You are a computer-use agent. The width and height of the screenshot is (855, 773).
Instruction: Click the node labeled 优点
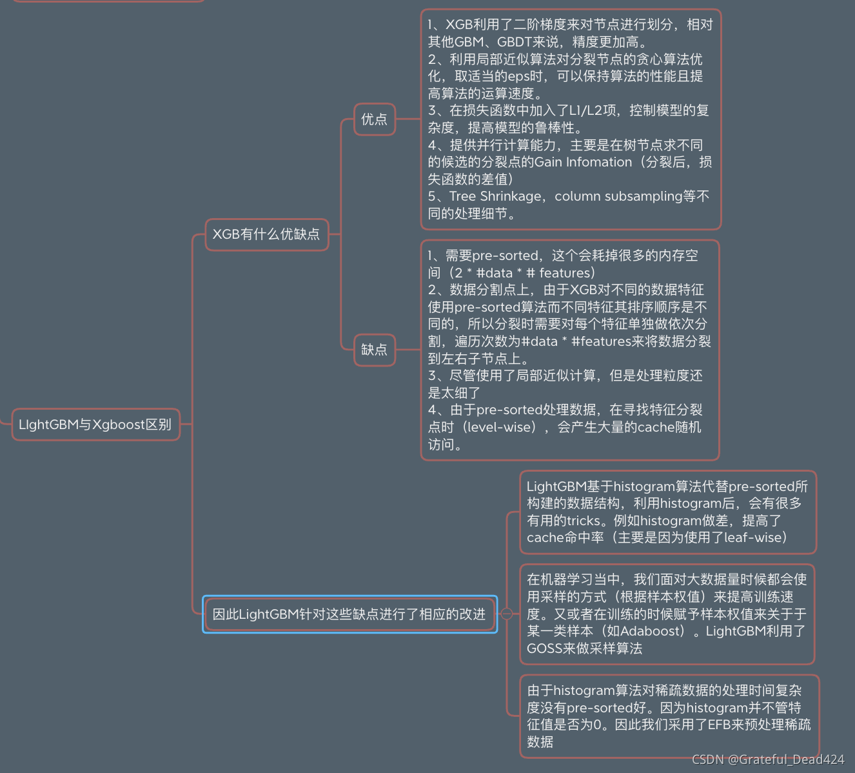pyautogui.click(x=374, y=119)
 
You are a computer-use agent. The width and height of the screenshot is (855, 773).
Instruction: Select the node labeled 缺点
pyautogui.click(x=374, y=350)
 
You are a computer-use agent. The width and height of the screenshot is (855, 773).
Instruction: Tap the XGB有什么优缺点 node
pyautogui.click(x=266, y=234)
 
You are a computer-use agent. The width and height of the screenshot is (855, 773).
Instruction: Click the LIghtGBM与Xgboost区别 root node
pyautogui.click(x=95, y=425)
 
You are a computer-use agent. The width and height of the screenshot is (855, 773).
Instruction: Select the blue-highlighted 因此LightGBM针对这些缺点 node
pyautogui.click(x=349, y=614)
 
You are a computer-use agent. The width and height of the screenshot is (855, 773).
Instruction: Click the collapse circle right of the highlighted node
pyautogui.click(x=507, y=614)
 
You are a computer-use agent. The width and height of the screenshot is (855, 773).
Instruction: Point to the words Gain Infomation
pyautogui.click(x=583, y=162)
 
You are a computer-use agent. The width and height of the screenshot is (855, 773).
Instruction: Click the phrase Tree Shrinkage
pyautogui.click(x=495, y=196)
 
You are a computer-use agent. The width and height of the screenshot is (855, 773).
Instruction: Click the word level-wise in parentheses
pyautogui.click(x=500, y=427)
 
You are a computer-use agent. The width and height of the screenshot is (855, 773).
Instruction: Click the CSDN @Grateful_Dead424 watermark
pyautogui.click(x=768, y=759)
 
